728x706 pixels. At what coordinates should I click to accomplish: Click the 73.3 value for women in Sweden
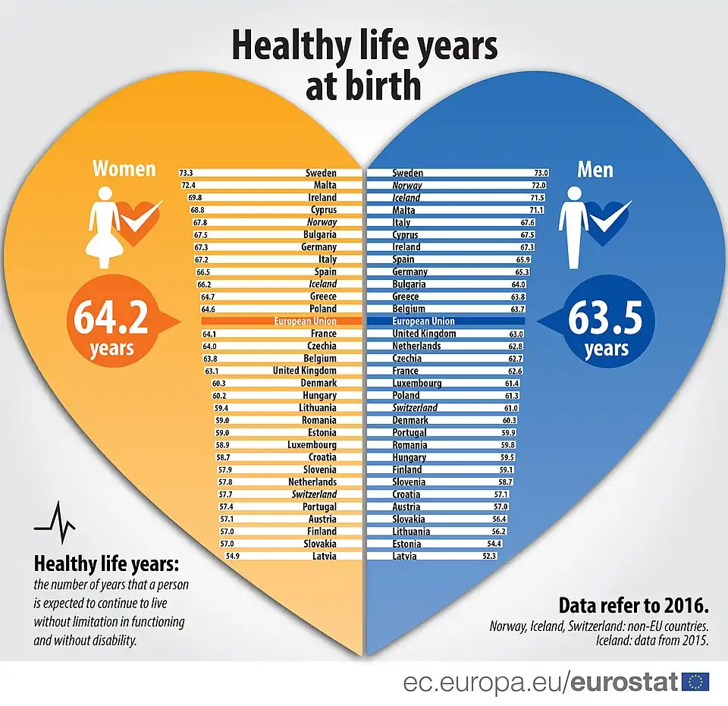point(187,173)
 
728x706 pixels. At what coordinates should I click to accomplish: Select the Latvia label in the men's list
point(404,556)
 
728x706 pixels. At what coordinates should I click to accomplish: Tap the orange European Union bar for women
point(272,322)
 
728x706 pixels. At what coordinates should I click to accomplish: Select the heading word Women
point(124,168)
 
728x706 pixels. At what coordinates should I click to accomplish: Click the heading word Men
point(595,169)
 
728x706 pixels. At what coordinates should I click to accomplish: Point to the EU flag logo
point(695,682)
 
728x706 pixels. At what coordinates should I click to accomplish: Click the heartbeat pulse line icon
point(55,522)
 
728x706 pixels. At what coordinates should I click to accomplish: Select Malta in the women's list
point(325,185)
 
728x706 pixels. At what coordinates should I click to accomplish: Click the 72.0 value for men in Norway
point(538,185)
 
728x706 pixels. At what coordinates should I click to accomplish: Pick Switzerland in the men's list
point(415,408)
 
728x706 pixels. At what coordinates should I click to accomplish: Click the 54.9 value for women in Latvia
point(234,556)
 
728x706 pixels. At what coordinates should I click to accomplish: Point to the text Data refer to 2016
point(633,606)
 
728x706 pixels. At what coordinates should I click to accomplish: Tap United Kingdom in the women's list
point(304,371)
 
